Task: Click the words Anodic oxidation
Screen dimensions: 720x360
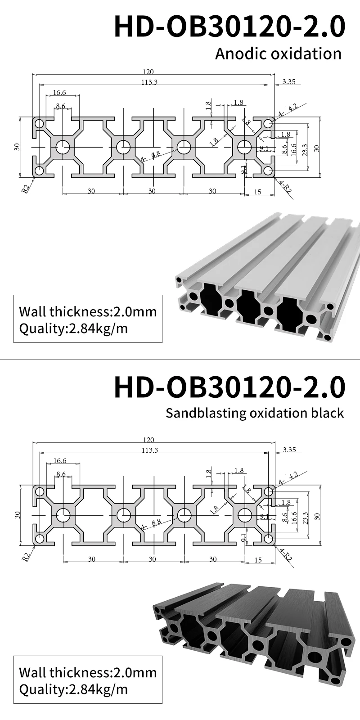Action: [278, 54]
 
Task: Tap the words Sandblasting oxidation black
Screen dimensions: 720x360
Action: [254, 413]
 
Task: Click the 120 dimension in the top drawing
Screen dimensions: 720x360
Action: [148, 72]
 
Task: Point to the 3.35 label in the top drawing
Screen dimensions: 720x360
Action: [288, 81]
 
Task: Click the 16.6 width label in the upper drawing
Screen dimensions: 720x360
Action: [59, 93]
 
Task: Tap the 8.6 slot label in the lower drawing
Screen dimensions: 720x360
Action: [61, 474]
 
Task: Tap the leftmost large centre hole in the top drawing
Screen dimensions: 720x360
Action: [62, 147]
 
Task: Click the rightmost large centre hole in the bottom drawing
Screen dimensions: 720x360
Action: [245, 515]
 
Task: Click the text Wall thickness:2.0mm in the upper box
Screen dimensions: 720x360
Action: [88, 311]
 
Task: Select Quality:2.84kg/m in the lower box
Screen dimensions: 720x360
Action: [73, 689]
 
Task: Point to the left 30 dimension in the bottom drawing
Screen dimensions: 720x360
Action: [91, 559]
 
